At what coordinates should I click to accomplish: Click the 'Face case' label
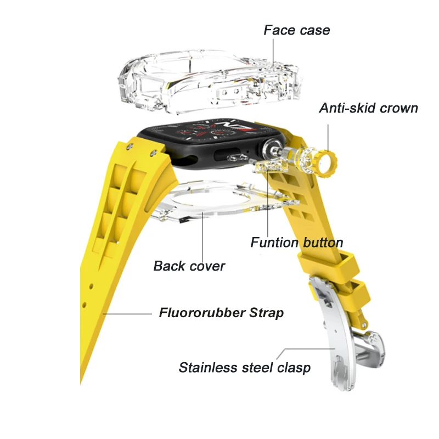coord(297,30)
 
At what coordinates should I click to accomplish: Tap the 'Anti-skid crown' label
coord(368,108)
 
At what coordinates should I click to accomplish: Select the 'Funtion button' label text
coord(297,242)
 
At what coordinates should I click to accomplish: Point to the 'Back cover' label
coord(189,266)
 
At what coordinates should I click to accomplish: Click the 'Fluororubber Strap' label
coord(221,313)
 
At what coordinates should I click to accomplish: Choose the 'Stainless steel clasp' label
coord(244,367)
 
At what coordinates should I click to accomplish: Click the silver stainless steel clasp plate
coord(335,329)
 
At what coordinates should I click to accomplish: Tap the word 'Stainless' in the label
coord(209,367)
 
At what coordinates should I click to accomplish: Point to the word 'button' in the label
coord(324,242)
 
